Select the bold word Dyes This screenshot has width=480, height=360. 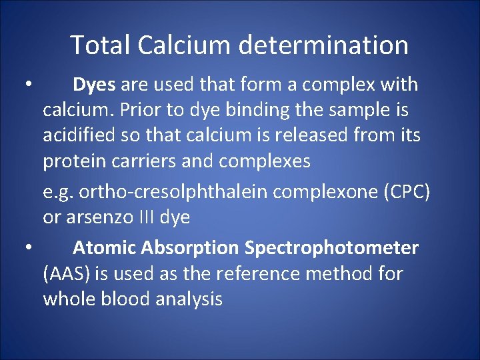(x=94, y=85)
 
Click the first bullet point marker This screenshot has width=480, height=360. (x=28, y=85)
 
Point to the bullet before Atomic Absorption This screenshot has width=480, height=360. (x=28, y=248)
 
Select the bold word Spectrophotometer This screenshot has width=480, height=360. (x=331, y=248)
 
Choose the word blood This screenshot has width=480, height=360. (x=124, y=299)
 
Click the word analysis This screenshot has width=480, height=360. (x=189, y=299)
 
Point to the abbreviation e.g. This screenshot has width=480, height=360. (x=58, y=192)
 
